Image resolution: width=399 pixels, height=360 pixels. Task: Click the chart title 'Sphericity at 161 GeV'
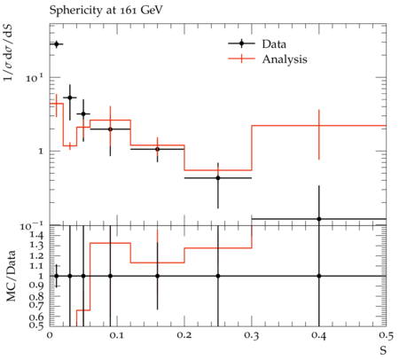106,11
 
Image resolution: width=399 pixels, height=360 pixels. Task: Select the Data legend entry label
274,44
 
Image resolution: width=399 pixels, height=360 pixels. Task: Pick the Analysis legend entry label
285,59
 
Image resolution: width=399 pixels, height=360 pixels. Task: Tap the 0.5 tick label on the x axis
386,336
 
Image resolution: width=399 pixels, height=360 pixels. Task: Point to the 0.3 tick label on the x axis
252,336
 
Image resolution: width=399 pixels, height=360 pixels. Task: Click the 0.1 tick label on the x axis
117,336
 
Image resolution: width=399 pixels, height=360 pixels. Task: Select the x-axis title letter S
383,350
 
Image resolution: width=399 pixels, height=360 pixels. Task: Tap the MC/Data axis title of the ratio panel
11,276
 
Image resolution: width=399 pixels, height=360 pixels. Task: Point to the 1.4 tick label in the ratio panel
36,236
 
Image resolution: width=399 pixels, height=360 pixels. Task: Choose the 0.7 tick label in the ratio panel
36,306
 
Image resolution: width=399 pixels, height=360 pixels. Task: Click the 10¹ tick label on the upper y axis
35,77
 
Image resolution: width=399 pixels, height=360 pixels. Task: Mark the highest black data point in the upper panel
57,44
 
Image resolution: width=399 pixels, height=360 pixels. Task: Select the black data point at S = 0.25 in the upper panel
218,178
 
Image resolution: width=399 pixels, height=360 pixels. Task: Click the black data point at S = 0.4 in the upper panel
319,219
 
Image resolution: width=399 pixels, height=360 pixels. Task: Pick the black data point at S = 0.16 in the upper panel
157,149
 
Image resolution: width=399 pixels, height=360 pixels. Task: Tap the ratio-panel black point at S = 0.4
319,276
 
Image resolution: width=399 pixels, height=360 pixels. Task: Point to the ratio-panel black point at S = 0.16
157,276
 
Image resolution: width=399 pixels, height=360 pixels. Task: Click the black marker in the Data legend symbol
241,43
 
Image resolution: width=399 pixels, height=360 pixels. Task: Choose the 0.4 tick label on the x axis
319,336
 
